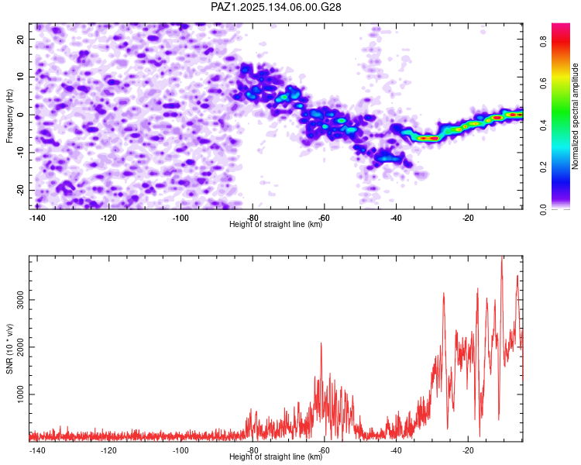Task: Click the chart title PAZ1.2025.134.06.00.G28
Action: point(277,7)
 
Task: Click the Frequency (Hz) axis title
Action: point(10,115)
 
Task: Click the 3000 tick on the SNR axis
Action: point(19,299)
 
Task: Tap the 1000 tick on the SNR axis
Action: point(19,394)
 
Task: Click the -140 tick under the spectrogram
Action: point(36,218)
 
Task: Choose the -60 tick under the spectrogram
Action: point(324,218)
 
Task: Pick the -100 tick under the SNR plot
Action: point(180,450)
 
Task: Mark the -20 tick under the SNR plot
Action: point(468,450)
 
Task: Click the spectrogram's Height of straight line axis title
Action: point(276,225)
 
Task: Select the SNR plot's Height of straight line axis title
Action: point(276,457)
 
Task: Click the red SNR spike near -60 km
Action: point(321,346)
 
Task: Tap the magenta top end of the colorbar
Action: point(561,27)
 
